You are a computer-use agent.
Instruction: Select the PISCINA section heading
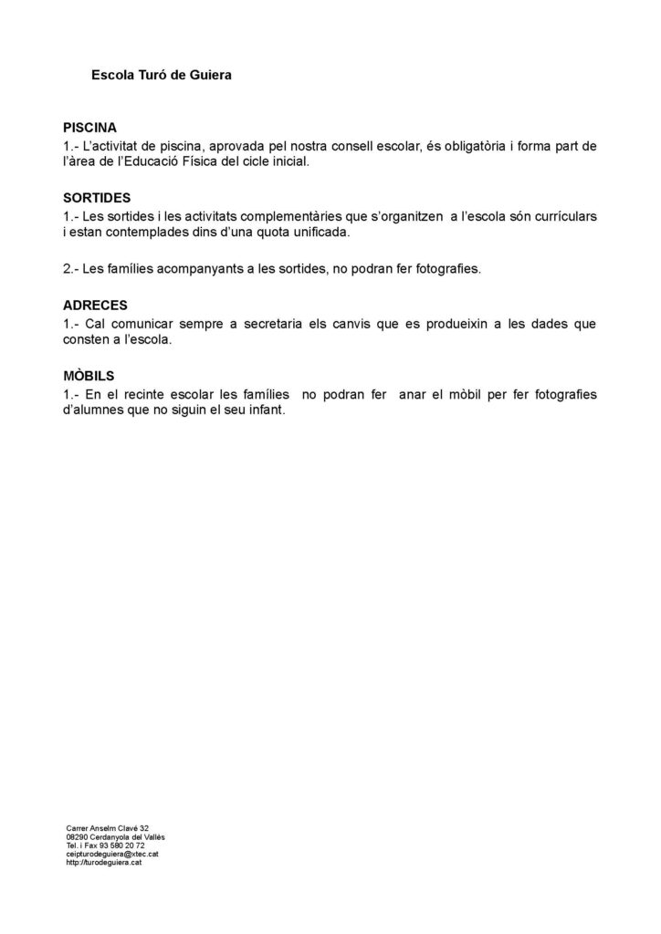tap(89, 128)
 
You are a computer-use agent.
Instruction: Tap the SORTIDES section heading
tap(98, 198)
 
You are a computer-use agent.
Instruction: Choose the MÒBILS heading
tap(89, 375)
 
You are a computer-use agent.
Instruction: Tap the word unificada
tap(317, 233)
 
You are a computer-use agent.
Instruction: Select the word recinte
tap(150, 394)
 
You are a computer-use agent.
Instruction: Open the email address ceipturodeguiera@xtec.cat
tap(105, 854)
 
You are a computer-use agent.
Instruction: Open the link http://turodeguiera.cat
tap(103, 862)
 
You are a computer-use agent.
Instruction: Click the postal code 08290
tap(77, 837)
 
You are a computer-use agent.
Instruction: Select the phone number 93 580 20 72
tap(121, 846)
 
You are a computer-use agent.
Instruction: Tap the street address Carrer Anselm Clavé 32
tap(108, 828)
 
